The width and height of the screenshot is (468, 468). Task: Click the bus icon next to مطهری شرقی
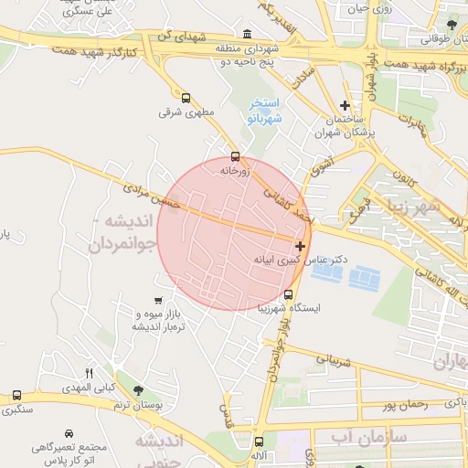[186, 98]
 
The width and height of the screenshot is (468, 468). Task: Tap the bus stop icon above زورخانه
[236, 156]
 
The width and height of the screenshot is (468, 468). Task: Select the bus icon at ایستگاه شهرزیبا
[289, 295]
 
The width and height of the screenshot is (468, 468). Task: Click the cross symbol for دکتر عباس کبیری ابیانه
[301, 246]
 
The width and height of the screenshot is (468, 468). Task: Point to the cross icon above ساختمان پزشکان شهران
[345, 106]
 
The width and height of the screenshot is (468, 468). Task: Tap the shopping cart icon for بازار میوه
[159, 300]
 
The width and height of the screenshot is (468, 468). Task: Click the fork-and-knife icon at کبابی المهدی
[89, 373]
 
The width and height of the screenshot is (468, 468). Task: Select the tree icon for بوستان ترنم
[138, 391]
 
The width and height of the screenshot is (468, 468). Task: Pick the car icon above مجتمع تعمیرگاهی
[69, 433]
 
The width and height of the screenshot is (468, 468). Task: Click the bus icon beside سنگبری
[16, 396]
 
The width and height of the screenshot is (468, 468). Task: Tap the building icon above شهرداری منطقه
[249, 34]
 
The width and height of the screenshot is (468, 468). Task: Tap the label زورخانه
[235, 171]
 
